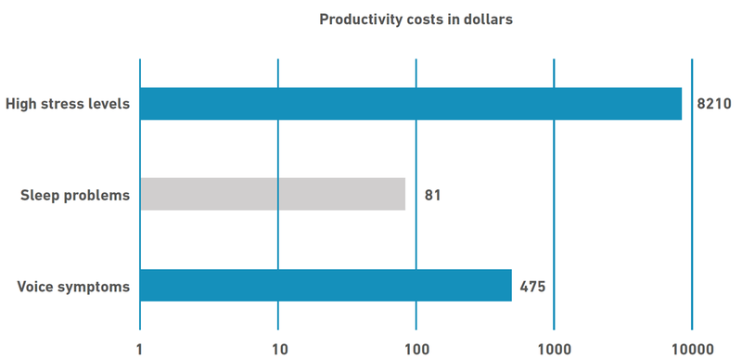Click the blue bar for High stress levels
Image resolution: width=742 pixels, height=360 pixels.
410,104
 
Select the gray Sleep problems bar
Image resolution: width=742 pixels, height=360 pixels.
273,194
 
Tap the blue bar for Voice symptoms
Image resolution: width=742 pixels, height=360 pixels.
326,286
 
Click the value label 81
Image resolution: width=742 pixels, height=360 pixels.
433,195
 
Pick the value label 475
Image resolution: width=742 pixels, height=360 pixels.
532,286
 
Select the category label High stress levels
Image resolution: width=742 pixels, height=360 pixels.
68,104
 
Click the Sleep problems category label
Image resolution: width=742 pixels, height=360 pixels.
75,195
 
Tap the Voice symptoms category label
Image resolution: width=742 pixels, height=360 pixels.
73,286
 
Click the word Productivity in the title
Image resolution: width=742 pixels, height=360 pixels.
360,19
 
